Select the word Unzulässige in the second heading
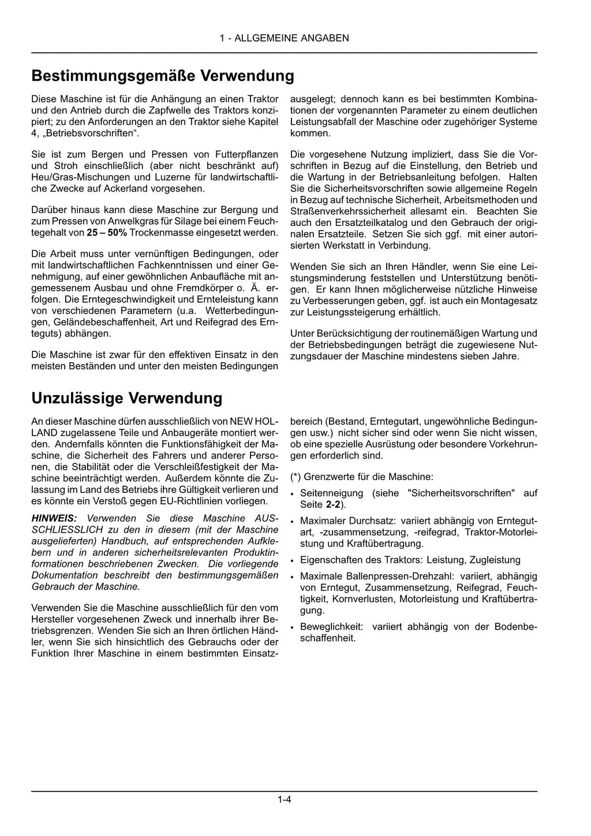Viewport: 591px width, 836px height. [77, 398]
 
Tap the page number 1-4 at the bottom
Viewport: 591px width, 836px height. [284, 800]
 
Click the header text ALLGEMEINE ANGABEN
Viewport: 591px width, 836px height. [291, 38]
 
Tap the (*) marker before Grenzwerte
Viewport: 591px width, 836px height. [295, 477]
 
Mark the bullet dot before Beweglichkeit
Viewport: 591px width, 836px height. [294, 627]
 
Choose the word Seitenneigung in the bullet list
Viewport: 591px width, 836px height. [332, 493]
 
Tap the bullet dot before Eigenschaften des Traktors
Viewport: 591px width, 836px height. [294, 560]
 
